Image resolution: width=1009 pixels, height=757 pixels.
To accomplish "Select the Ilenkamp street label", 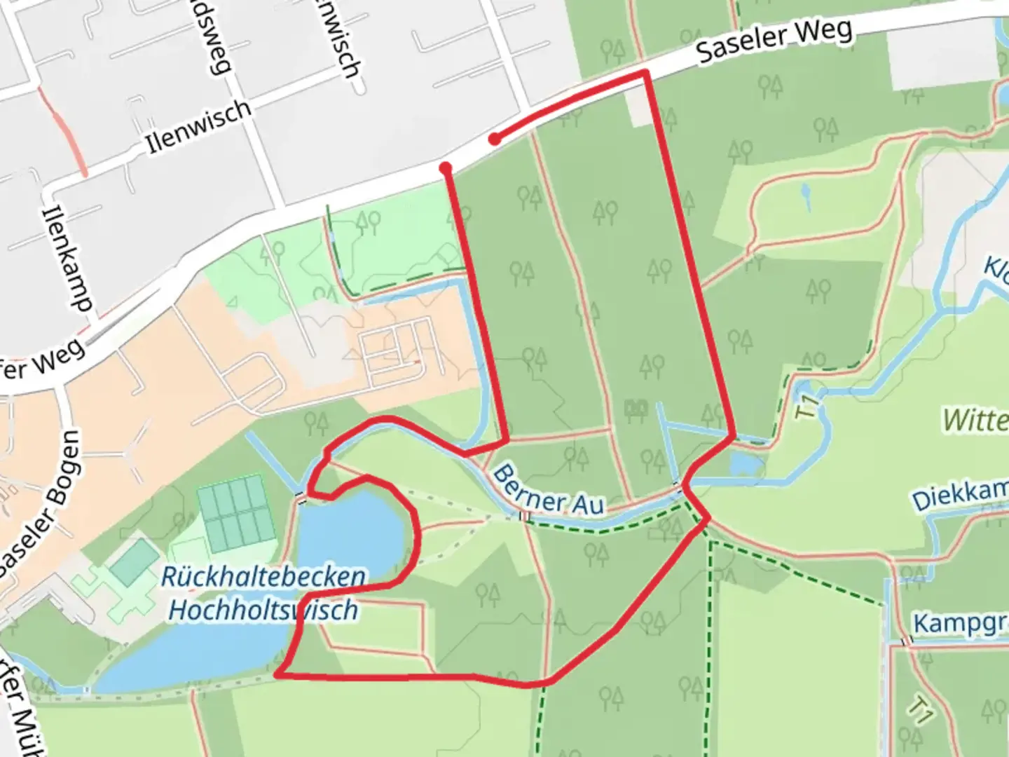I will point(67,258).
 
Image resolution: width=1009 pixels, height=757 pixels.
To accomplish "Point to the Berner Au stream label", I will point(548,491).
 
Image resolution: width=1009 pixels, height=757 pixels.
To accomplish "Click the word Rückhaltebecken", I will point(263,577).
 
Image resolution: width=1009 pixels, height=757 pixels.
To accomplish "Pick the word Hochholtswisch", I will point(263,610).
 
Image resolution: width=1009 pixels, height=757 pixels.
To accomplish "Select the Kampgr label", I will point(960,622).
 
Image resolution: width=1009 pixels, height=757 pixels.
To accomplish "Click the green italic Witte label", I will point(975,420).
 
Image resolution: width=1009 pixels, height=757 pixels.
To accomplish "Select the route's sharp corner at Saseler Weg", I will point(645,73).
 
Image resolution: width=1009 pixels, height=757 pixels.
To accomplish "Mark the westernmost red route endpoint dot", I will point(445,168).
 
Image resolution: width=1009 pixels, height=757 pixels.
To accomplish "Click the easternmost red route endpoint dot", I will point(495,139).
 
